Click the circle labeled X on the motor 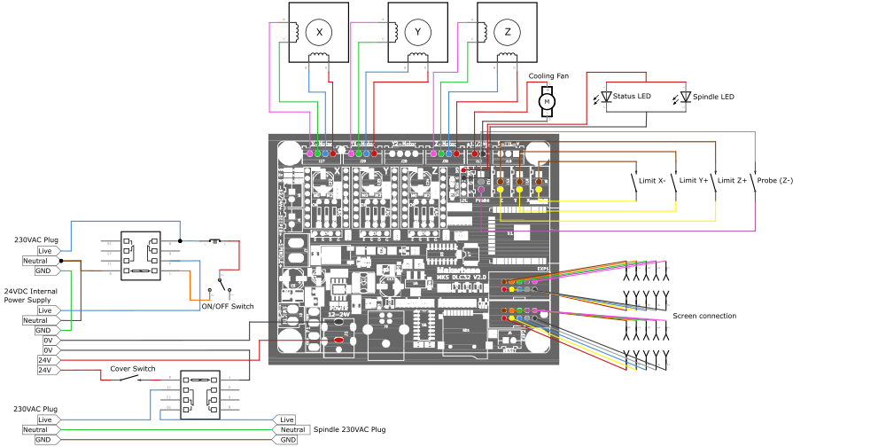click(319, 32)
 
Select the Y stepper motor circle click(418, 32)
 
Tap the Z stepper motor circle click(508, 32)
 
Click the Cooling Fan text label click(548, 76)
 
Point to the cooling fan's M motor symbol click(547, 102)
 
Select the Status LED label click(632, 96)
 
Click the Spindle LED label click(713, 96)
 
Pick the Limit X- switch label click(652, 180)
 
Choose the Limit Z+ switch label click(733, 180)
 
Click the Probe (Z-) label click(775, 180)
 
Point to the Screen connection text click(704, 316)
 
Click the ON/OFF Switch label click(228, 307)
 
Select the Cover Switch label click(132, 369)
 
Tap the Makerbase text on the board click(458, 271)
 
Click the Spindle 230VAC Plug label click(349, 429)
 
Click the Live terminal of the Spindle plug click(287, 420)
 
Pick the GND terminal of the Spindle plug click(288, 440)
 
